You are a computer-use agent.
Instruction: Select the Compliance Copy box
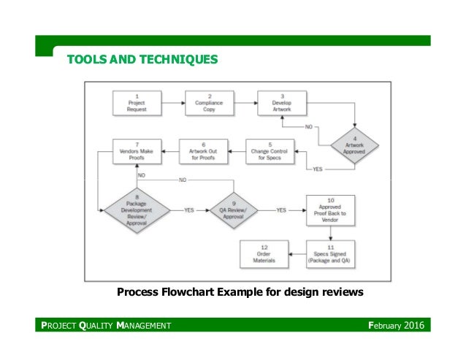209,102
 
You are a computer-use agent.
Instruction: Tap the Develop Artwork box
281,102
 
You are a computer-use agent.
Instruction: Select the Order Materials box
263,253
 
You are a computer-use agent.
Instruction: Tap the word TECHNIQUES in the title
175,57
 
